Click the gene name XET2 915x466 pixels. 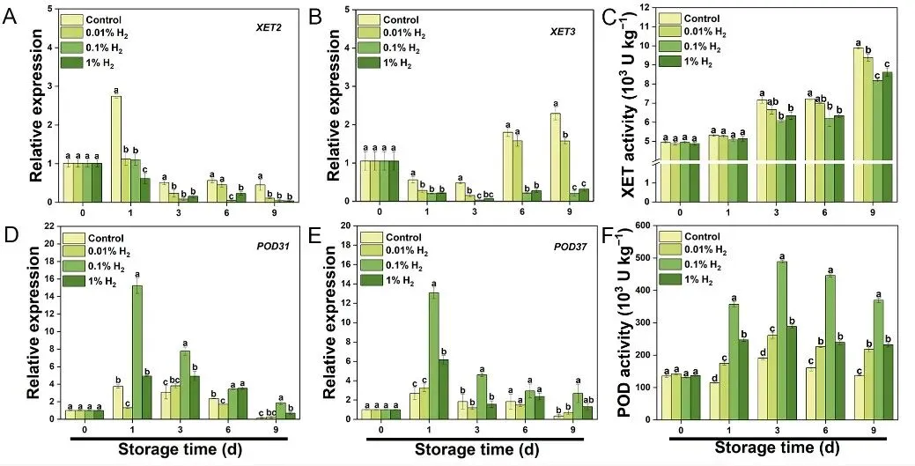click(x=267, y=26)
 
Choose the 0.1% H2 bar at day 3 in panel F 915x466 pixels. click(x=781, y=337)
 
